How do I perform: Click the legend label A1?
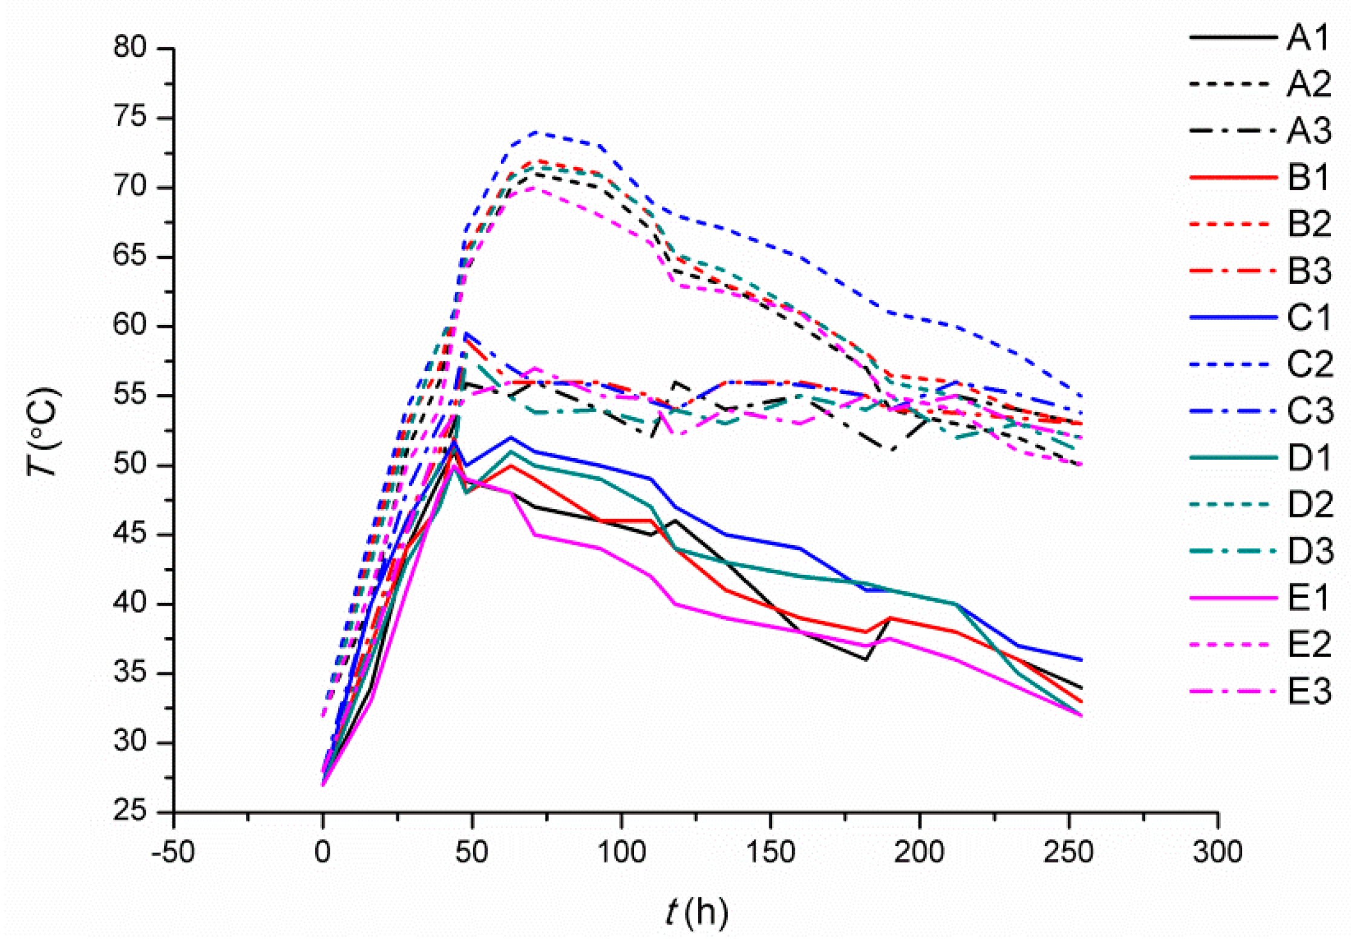point(1308,38)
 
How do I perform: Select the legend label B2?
point(1309,223)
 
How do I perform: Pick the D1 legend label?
point(1309,457)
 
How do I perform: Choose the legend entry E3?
point(1309,691)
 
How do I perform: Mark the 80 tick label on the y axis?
point(130,47)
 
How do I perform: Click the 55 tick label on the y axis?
point(130,395)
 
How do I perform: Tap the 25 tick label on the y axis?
point(130,811)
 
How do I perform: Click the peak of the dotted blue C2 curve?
point(536,132)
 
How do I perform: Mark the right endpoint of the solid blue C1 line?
point(1081,660)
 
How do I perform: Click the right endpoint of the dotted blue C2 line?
point(1081,396)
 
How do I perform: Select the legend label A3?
point(1309,130)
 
